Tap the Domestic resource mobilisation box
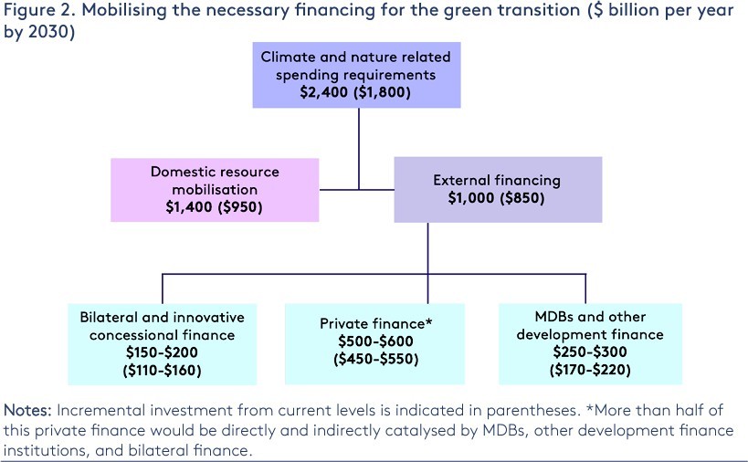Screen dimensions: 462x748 coord(215,189)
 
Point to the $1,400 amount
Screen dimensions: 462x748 coord(184,206)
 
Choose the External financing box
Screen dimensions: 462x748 coord(498,189)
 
